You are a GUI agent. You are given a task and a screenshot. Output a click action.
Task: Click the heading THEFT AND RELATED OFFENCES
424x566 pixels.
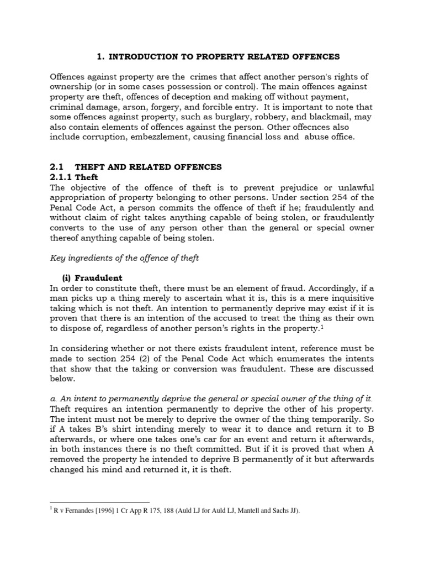coord(148,166)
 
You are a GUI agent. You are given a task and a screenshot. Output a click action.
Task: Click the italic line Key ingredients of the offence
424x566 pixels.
coord(125,259)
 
